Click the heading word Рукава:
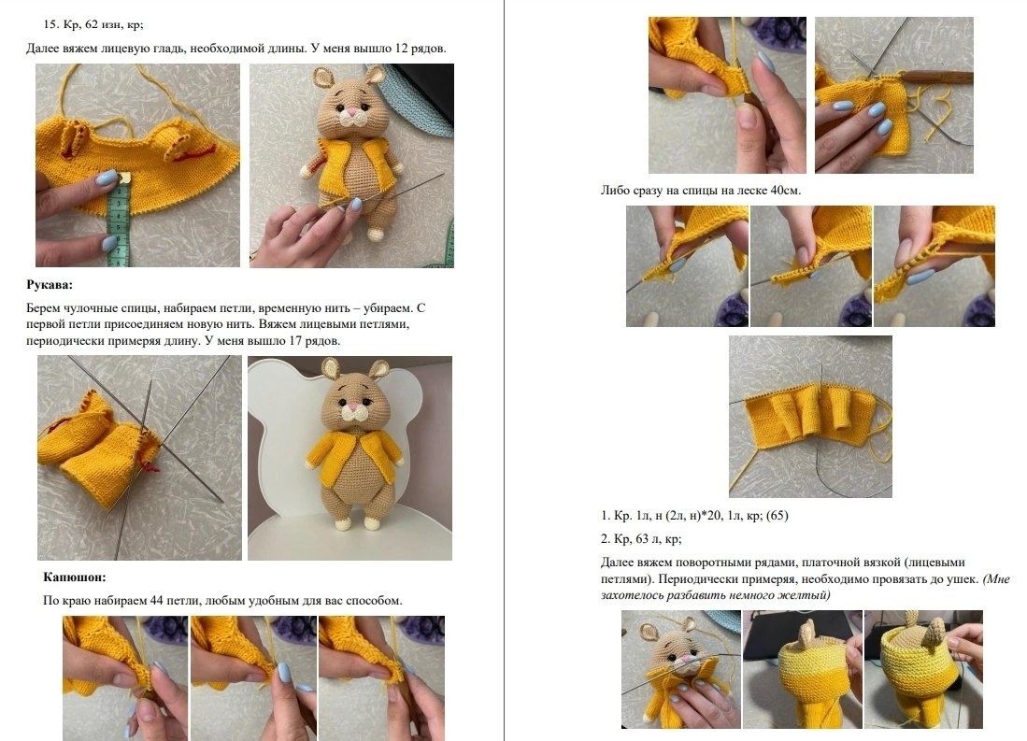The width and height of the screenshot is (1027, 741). point(50,285)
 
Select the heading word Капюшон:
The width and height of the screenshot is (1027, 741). point(75,577)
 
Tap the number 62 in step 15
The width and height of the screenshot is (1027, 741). point(92,25)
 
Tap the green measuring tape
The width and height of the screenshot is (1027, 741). point(119,221)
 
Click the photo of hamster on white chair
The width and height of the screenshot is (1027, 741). point(349,458)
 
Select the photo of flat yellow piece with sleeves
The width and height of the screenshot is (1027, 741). point(810,417)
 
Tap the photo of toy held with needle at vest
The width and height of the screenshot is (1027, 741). point(351,165)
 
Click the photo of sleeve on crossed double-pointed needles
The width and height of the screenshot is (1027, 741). point(139,458)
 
